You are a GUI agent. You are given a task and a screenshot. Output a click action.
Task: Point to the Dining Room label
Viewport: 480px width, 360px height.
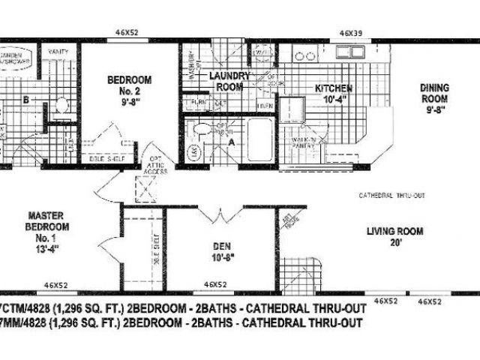pyautogui.click(x=433, y=97)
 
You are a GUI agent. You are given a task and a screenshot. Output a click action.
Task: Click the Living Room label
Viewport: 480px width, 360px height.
pyautogui.click(x=395, y=237)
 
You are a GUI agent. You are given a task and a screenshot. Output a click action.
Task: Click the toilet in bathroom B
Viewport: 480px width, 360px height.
pyautogui.click(x=62, y=108)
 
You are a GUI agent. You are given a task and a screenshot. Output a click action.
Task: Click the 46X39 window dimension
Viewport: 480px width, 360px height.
pyautogui.click(x=352, y=33)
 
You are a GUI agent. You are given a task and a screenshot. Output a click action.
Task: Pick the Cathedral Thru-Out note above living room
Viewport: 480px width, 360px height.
pyautogui.click(x=392, y=195)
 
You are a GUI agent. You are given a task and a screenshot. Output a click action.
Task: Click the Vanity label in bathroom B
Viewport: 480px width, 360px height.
pyautogui.click(x=57, y=51)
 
